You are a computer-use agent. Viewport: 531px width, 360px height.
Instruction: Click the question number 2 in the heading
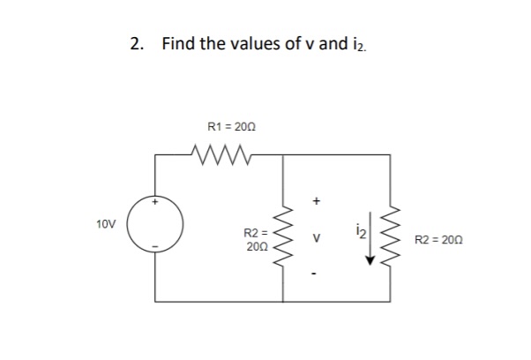point(134,44)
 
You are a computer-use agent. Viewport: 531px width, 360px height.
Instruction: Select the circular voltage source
point(156,223)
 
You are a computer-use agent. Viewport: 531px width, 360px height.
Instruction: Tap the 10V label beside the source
point(107,225)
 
